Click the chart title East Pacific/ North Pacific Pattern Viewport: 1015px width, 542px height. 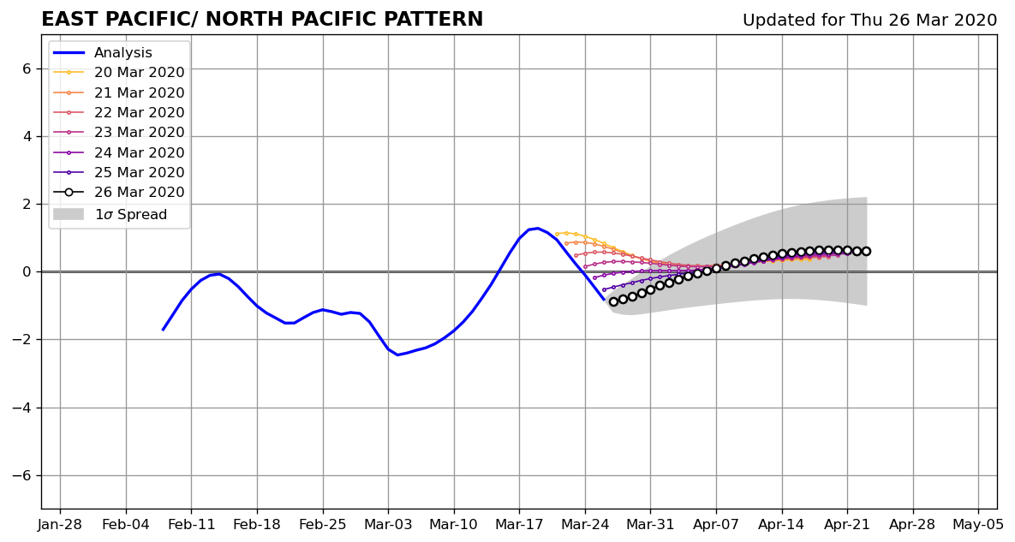[x=262, y=20]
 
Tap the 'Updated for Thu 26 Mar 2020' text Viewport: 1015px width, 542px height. [x=869, y=20]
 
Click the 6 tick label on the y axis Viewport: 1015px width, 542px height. [x=27, y=68]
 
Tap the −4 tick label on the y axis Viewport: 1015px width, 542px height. [x=21, y=408]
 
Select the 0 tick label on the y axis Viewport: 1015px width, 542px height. [x=27, y=271]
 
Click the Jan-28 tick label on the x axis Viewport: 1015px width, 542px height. [x=60, y=524]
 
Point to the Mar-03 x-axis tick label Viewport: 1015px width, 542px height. [x=388, y=524]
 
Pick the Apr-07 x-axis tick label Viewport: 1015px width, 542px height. [x=717, y=524]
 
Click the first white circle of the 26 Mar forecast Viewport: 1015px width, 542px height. [x=613, y=302]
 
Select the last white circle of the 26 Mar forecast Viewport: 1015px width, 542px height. [x=866, y=252]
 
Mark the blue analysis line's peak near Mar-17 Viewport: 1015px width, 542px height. [x=537, y=229]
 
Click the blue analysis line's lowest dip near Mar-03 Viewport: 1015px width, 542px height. [x=397, y=354]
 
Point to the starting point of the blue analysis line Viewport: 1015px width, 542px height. [x=163, y=330]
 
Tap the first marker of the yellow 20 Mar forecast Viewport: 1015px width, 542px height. [x=557, y=234]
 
